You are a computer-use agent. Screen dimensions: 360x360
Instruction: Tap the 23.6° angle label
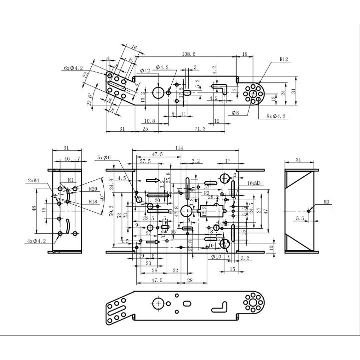(x=90, y=99)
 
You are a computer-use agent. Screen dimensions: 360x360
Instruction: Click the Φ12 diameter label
(x=145, y=70)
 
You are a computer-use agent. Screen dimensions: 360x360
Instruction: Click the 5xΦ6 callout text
(x=104, y=158)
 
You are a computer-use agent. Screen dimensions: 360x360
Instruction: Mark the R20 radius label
(x=92, y=189)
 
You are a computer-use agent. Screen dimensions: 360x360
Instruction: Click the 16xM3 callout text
(x=256, y=183)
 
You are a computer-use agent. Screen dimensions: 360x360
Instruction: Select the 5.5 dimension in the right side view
(x=300, y=218)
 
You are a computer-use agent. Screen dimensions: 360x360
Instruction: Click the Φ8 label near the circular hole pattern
(x=235, y=113)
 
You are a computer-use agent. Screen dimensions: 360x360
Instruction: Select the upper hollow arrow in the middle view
(x=154, y=180)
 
